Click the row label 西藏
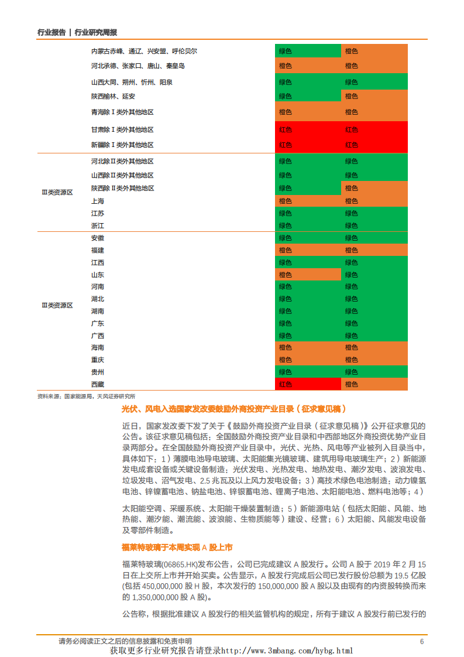(x=97, y=384)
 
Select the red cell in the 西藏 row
(x=307, y=384)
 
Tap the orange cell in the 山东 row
(x=307, y=275)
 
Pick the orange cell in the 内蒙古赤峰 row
(x=374, y=51)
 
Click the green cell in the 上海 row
(x=374, y=201)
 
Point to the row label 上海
(x=97, y=201)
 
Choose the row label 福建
(x=97, y=250)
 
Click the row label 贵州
(x=97, y=372)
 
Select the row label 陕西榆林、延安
(x=113, y=96)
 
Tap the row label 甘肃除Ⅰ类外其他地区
(x=122, y=129)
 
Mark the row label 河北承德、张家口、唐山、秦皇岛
(x=138, y=66)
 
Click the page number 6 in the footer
(x=421, y=642)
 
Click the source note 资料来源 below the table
(x=86, y=396)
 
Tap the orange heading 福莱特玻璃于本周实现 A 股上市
(x=177, y=547)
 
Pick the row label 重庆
(x=97, y=360)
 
